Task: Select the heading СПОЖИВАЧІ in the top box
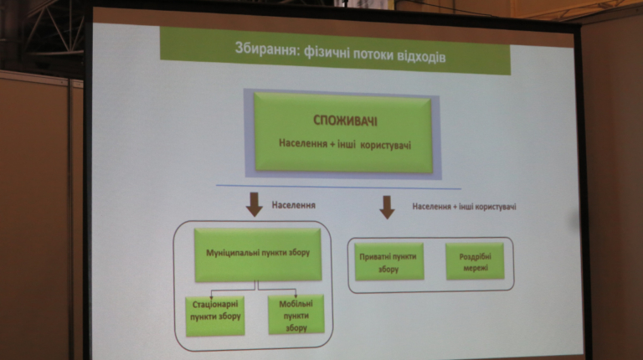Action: [345, 121]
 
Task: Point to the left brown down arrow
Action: [255, 204]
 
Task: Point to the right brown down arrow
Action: [387, 206]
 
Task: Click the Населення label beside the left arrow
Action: [293, 203]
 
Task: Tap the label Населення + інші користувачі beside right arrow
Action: [464, 206]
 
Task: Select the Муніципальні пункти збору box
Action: [257, 254]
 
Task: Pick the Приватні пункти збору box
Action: [389, 262]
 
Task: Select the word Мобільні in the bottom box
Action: [296, 304]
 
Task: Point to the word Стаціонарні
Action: [215, 305]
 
